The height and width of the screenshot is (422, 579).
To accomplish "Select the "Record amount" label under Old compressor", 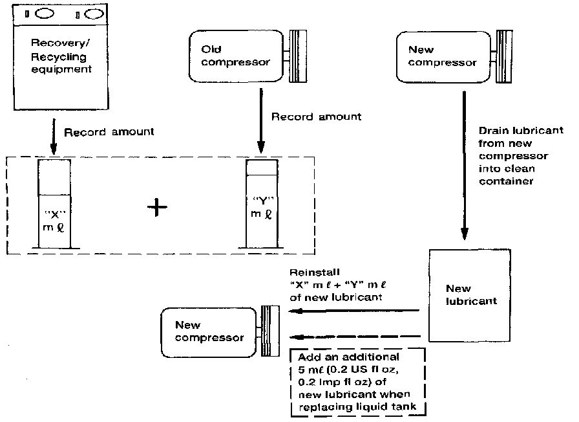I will [316, 117].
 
